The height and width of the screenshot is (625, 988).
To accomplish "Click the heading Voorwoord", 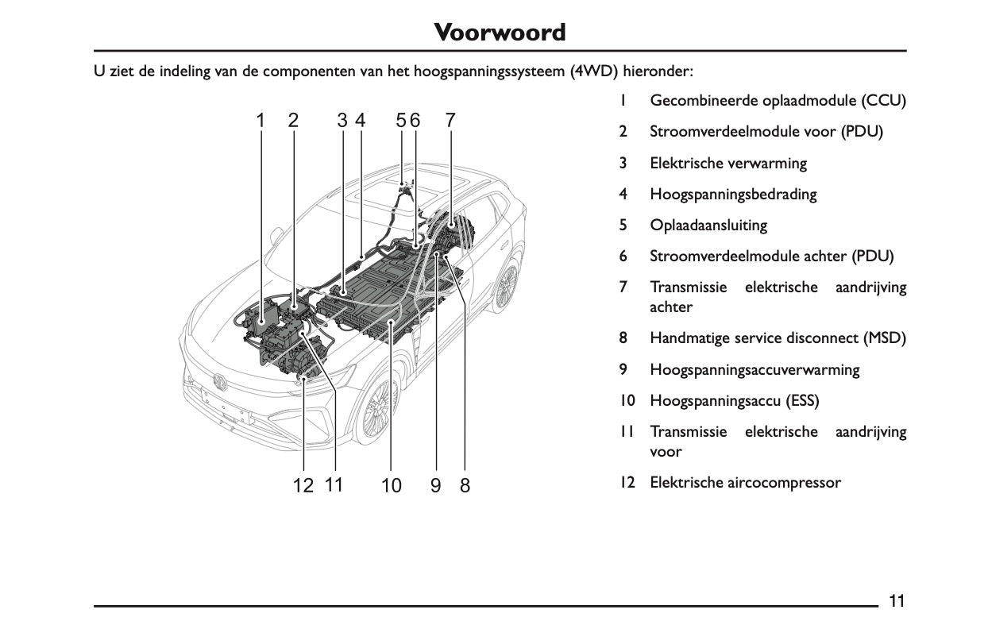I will [x=500, y=33].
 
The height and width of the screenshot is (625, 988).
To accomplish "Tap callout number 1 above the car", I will [x=260, y=121].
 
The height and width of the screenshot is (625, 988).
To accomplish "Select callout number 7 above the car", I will [x=450, y=121].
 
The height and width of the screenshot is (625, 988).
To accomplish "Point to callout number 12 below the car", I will [x=303, y=485].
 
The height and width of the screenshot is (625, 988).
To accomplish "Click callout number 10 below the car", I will [x=392, y=485].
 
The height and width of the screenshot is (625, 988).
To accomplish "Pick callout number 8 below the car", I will [x=465, y=485].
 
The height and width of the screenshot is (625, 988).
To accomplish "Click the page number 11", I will [x=897, y=600].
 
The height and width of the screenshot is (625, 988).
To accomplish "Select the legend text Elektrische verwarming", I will [x=727, y=163].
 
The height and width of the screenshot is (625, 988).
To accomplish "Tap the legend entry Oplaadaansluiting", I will [x=708, y=225].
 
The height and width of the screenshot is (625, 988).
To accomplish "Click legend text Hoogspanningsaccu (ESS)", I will [x=734, y=400].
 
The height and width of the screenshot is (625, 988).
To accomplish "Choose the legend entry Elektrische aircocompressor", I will [x=745, y=482].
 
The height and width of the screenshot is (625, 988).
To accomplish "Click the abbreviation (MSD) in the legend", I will [x=885, y=338].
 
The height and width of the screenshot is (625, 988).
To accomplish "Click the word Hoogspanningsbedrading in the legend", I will [x=733, y=194].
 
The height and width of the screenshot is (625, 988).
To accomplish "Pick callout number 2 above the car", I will [x=294, y=121].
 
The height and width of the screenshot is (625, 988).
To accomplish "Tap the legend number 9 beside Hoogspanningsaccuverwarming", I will [x=624, y=369].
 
